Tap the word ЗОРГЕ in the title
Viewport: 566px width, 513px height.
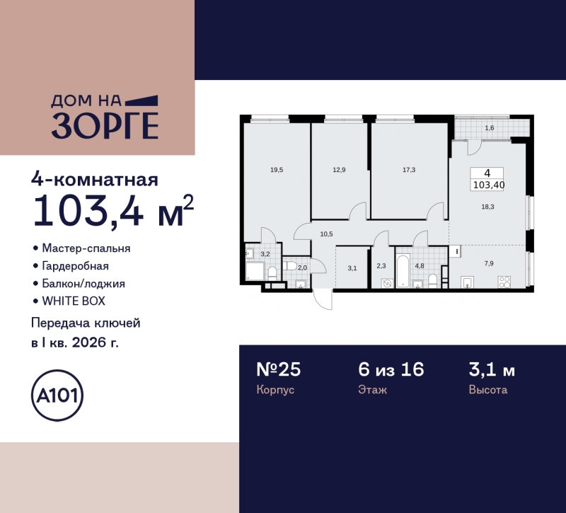pos(104,126)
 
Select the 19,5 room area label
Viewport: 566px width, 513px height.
pos(276,170)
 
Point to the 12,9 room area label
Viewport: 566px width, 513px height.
pos(340,170)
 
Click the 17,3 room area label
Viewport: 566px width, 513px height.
pos(409,170)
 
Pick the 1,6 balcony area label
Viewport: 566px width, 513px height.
pos(490,128)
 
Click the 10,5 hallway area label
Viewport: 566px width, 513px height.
pos(326,234)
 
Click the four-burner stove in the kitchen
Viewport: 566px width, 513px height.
pos(504,282)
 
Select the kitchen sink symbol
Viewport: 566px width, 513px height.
pos(468,283)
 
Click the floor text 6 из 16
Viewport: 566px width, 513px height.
pos(391,369)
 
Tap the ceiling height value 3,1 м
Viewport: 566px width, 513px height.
pos(492,369)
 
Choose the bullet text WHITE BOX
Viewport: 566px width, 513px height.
pos(74,301)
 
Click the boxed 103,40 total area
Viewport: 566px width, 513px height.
pos(489,185)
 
